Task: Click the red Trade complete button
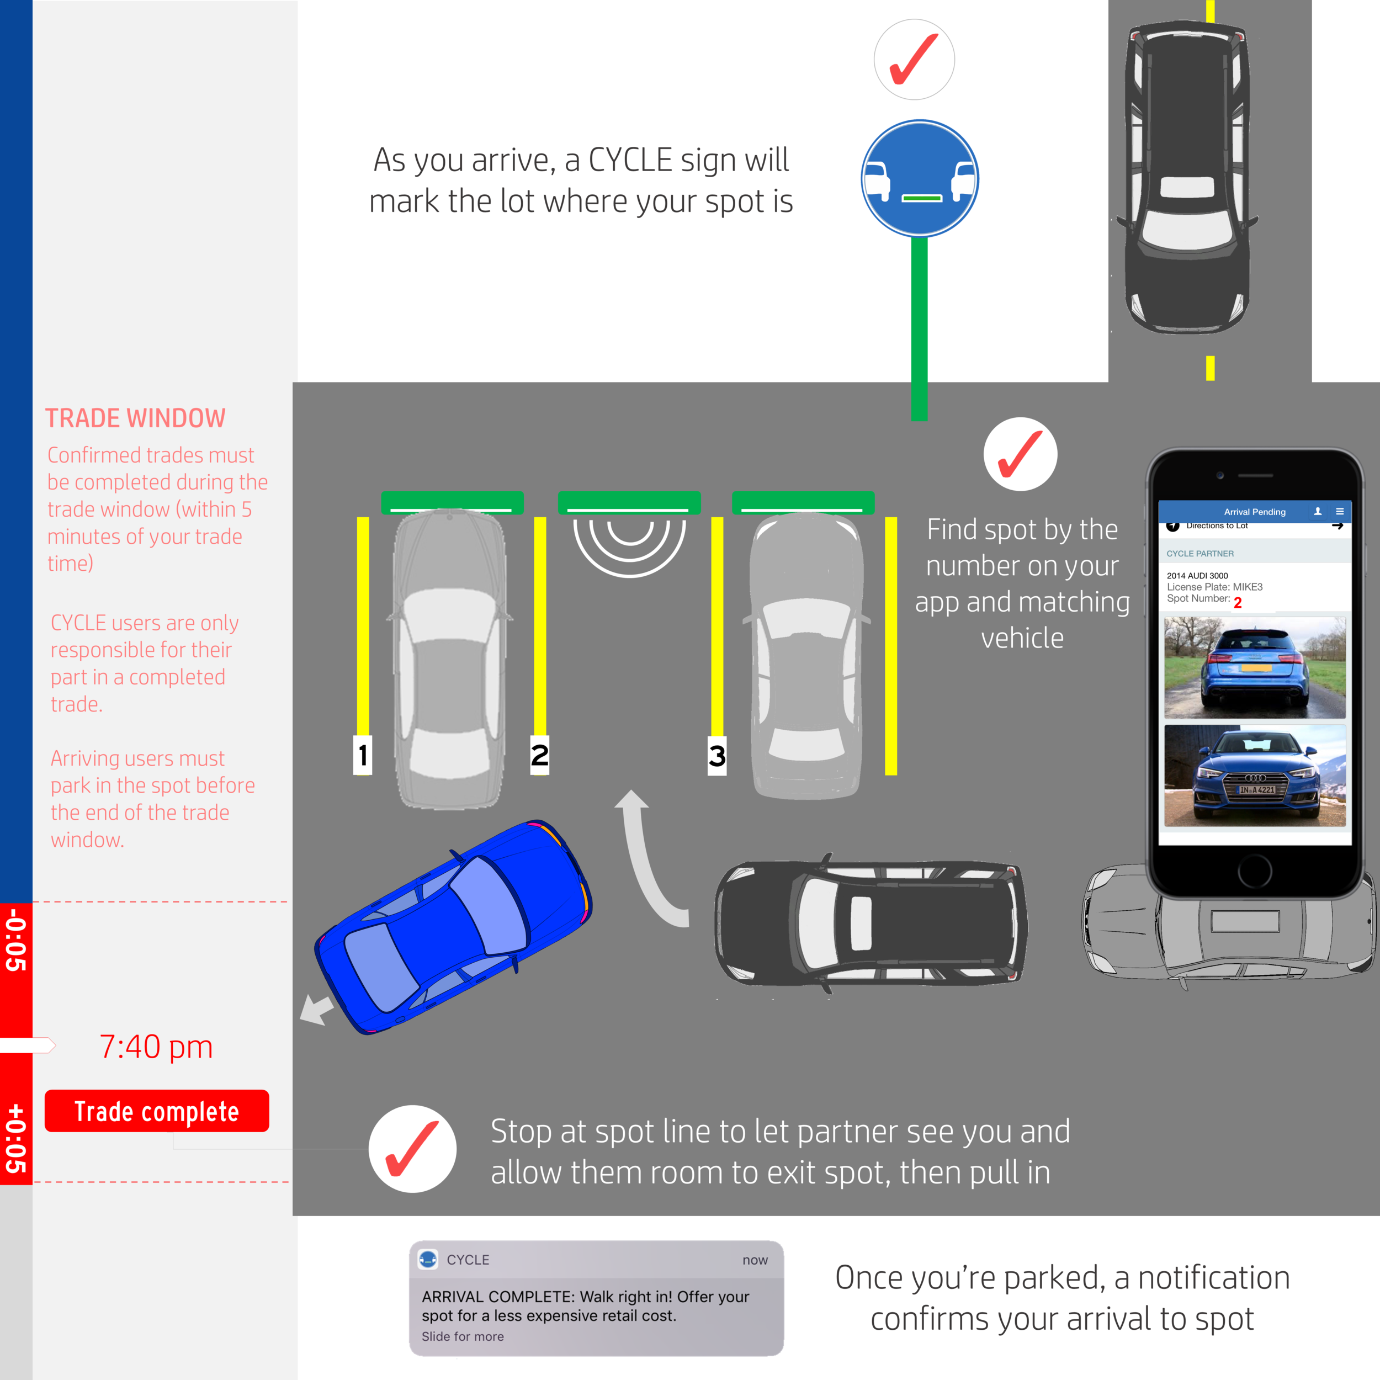[x=156, y=1111]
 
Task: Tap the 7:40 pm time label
[x=156, y=1047]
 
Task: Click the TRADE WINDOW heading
[x=135, y=418]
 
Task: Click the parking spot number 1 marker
[x=363, y=755]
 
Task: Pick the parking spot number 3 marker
[x=716, y=756]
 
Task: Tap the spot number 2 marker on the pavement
[x=540, y=755]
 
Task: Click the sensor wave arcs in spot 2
[x=629, y=546]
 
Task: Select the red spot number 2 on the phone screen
[x=1238, y=603]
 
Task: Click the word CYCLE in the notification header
[x=468, y=1260]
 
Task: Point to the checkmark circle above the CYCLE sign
[x=914, y=59]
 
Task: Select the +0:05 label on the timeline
[x=15, y=1139]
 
